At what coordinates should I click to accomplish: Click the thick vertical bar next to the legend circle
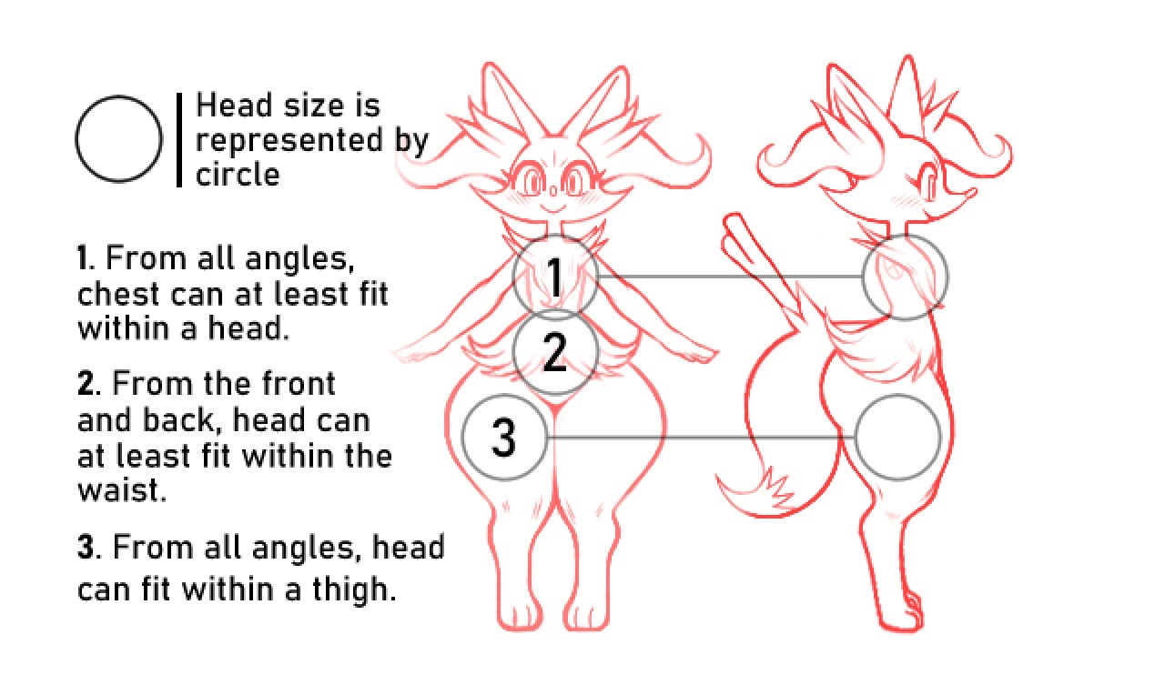tap(179, 139)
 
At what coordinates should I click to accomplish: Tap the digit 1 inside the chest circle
tap(555, 277)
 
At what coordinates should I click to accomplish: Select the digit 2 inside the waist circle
tap(554, 353)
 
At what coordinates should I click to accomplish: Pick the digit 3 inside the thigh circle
tap(503, 438)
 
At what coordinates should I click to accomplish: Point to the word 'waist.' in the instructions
tap(122, 489)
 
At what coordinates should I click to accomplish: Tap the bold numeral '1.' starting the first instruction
tap(86, 258)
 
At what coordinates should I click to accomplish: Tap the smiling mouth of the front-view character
tap(552, 208)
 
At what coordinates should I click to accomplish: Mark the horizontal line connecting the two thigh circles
tap(701, 438)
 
